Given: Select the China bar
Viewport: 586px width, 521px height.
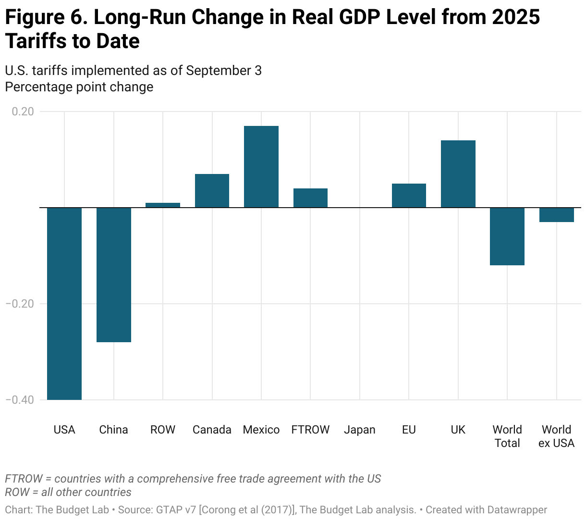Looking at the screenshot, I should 114,274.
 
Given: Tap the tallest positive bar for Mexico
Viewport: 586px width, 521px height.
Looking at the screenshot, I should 261,166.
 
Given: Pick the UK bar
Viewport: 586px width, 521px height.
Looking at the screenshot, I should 458,174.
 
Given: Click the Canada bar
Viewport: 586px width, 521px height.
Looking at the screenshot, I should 212,190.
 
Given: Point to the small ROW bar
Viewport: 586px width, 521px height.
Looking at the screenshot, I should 163,205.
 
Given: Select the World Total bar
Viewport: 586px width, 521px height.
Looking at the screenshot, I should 507,236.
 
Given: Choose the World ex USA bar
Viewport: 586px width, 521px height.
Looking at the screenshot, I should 557,215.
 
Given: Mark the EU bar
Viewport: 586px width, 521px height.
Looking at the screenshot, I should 409,195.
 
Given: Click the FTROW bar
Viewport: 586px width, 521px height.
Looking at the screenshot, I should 310,198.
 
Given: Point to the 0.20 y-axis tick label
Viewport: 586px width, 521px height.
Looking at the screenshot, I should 23,112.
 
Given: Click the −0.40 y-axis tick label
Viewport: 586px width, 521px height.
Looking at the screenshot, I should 20,400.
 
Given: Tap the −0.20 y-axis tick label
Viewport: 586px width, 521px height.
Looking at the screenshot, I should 20,304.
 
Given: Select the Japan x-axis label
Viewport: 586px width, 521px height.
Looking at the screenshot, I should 360,430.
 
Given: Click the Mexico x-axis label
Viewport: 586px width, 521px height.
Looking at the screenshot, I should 261,430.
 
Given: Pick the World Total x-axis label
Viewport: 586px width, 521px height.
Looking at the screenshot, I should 507,436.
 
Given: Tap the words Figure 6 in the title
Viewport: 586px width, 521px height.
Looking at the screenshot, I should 46,17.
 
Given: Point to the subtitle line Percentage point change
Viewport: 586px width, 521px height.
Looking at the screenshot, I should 79,87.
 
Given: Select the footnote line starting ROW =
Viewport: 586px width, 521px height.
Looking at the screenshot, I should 68,492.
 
